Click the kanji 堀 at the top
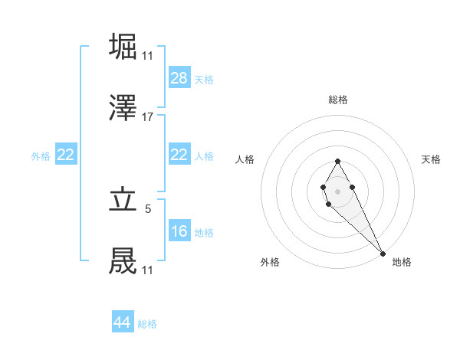coord(123,46)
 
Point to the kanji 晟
coord(123,261)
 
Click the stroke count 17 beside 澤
coord(148,117)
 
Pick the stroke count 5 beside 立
coord(148,208)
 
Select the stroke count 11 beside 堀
coord(148,56)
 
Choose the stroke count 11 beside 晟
coord(148,270)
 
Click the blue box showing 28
coord(179,77)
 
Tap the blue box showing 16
coord(179,231)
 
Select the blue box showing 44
coord(123,322)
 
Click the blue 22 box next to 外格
coord(66,155)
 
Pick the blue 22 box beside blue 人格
coord(179,155)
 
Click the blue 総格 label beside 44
coord(147,324)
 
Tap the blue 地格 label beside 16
coord(204,232)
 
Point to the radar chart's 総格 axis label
coord(337,100)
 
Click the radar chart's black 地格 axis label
coord(402,262)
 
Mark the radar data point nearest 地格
coord(383,254)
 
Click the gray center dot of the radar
coord(337,190)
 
